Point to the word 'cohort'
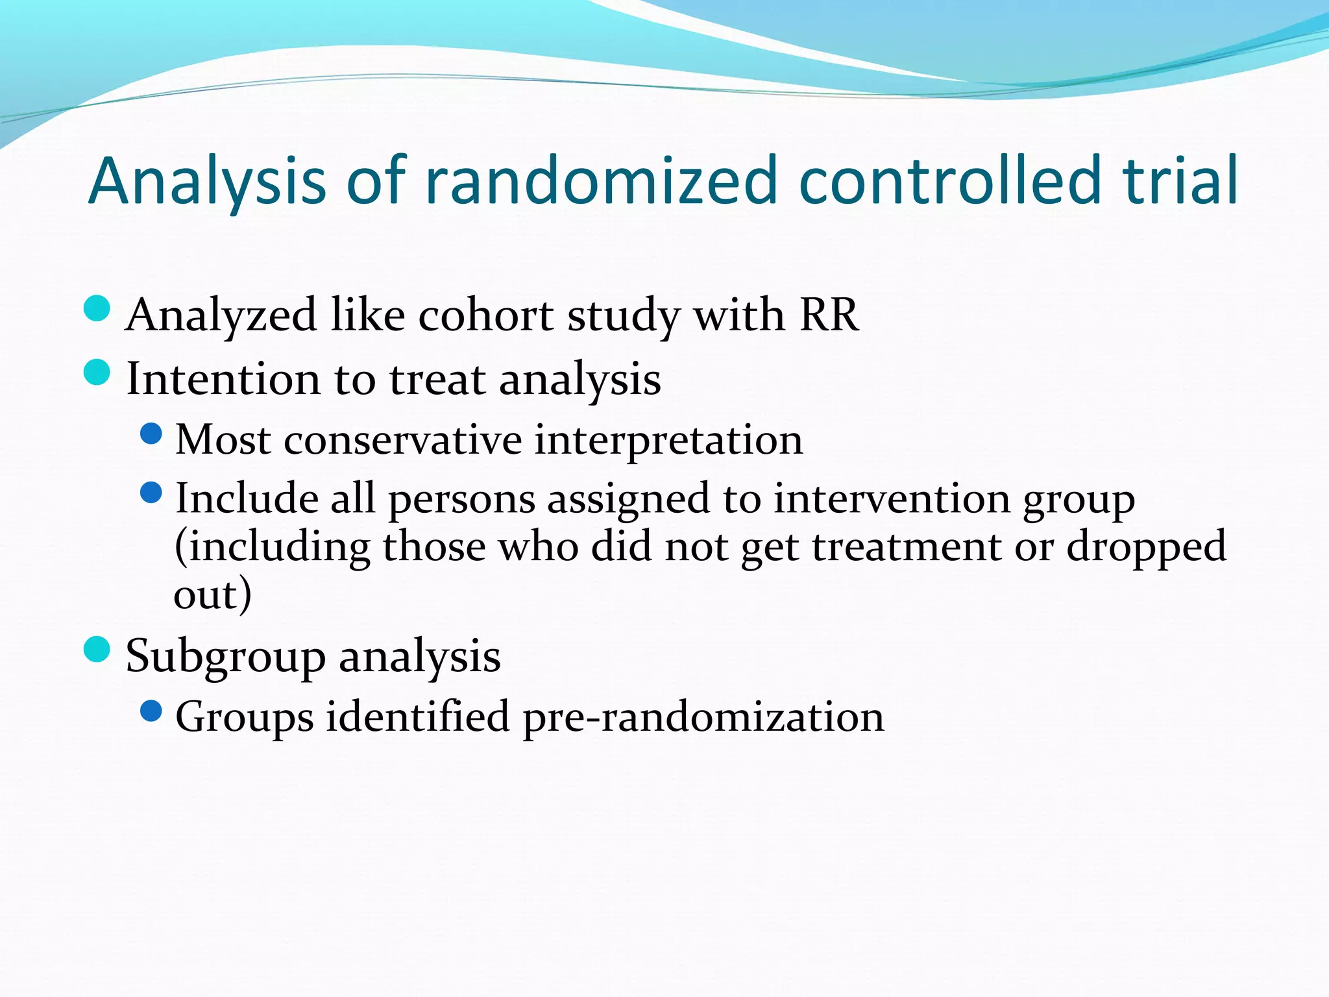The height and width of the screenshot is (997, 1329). tap(486, 317)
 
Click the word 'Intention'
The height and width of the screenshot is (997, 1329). tap(223, 378)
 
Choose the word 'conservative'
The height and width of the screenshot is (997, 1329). tap(402, 440)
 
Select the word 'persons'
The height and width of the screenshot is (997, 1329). tap(461, 500)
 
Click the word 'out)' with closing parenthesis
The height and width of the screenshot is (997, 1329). tap(212, 594)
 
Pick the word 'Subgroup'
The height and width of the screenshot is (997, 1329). tap(225, 657)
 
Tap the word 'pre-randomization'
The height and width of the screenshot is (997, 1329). tap(703, 718)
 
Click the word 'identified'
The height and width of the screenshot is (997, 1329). tap(417, 717)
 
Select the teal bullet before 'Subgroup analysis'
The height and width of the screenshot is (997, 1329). tap(97, 649)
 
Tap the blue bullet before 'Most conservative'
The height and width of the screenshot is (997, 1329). tap(151, 434)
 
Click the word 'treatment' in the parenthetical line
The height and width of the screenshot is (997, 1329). tap(907, 547)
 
